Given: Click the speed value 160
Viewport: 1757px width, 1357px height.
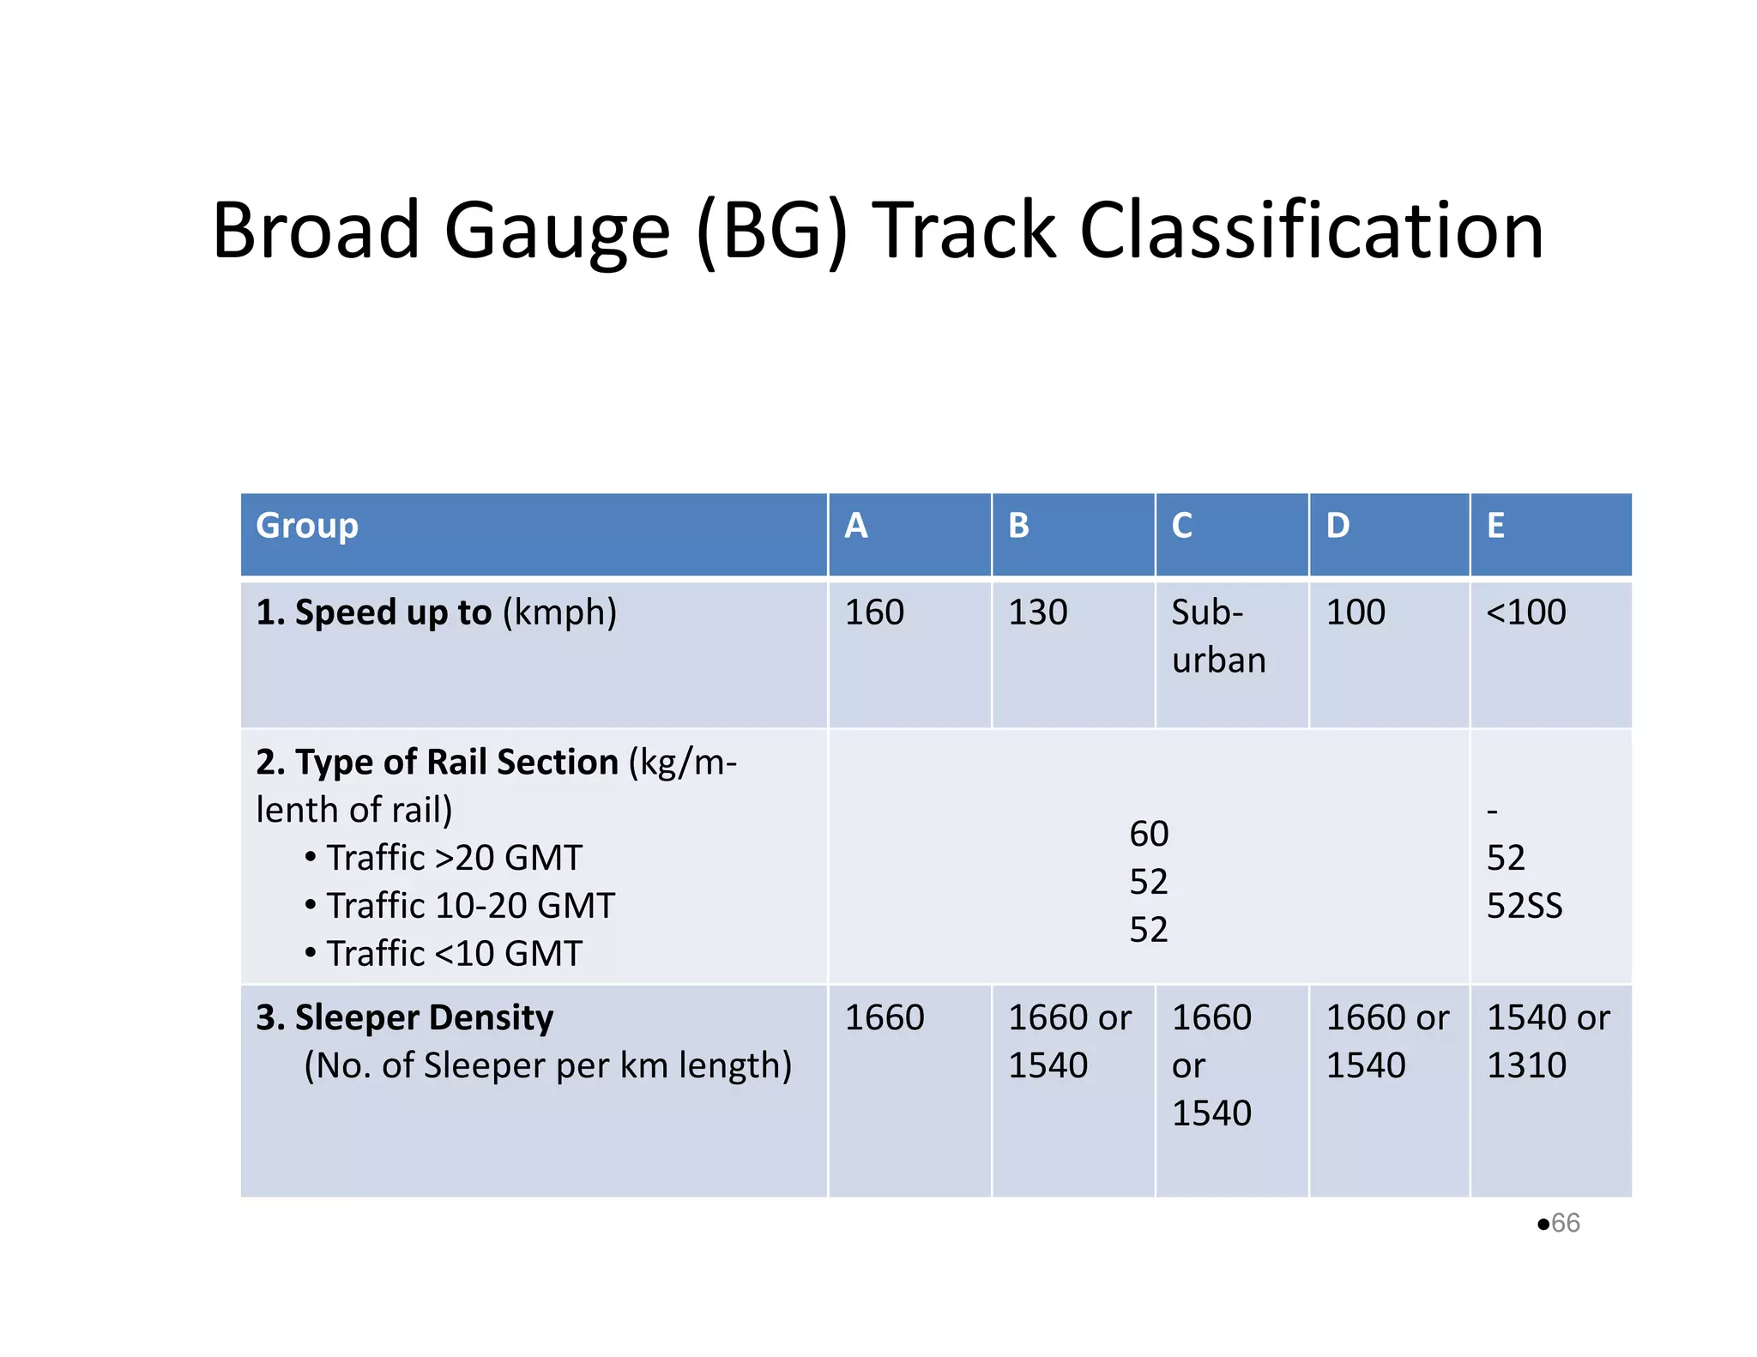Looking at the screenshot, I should [x=874, y=612].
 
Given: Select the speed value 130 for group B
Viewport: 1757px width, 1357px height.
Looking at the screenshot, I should [x=1037, y=612].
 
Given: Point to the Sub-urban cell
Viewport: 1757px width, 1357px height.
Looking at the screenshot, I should [x=1217, y=636].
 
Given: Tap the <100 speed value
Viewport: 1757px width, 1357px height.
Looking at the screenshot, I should [x=1526, y=612].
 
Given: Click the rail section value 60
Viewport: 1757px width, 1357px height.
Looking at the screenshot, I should [x=1149, y=834].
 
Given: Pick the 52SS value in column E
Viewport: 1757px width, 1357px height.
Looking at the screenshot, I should [x=1525, y=906].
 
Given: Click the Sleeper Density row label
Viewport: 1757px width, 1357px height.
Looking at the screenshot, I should [x=405, y=1017].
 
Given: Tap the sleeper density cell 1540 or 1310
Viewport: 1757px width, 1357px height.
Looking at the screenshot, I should [x=1548, y=1040].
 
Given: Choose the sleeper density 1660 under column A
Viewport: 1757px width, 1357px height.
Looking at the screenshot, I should [x=885, y=1017].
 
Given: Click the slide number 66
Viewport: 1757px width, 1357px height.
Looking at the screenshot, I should [x=1565, y=1222].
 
